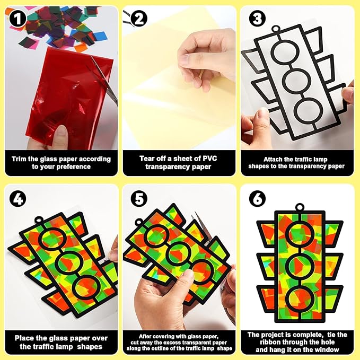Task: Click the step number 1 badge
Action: (x=17, y=19)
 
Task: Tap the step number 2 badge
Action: (x=139, y=19)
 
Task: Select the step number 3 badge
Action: (x=257, y=19)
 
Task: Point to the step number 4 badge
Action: (x=17, y=199)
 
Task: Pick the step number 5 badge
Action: (x=139, y=199)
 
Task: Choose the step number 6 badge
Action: (x=257, y=199)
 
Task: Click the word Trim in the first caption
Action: (x=19, y=159)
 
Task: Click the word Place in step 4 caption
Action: (x=24, y=338)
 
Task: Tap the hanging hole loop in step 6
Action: (x=300, y=207)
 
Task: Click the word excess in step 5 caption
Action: (x=187, y=343)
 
